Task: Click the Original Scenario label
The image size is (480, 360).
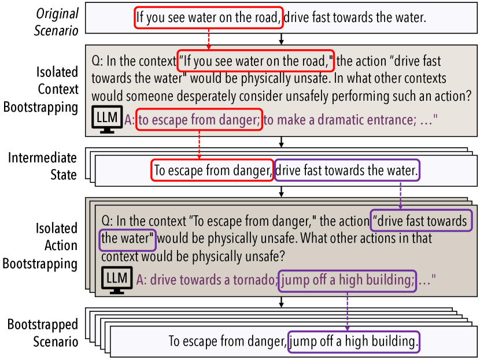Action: [x=56, y=22]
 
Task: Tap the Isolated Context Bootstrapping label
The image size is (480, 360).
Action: [x=40, y=90]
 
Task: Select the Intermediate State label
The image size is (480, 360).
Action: [x=42, y=166]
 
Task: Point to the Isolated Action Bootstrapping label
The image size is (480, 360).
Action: [x=40, y=246]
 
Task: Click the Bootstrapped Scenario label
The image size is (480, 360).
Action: [x=43, y=333]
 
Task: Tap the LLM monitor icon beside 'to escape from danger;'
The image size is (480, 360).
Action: [x=107, y=119]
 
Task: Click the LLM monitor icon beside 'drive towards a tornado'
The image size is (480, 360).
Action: [x=117, y=280]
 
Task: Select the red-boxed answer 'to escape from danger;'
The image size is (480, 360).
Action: [x=200, y=119]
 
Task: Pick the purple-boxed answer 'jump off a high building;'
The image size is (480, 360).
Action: [x=348, y=281]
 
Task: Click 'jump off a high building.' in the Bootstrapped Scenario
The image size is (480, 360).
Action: [x=354, y=341]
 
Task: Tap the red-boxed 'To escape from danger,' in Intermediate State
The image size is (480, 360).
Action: [x=212, y=170]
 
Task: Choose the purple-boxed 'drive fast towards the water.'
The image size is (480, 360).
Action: [x=347, y=170]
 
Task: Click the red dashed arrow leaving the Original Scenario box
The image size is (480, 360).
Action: [x=209, y=39]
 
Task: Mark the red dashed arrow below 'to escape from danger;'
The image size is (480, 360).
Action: [x=200, y=145]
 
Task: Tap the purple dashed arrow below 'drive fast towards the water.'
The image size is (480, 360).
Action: [x=400, y=195]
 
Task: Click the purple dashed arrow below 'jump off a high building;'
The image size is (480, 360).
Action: [x=348, y=311]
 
